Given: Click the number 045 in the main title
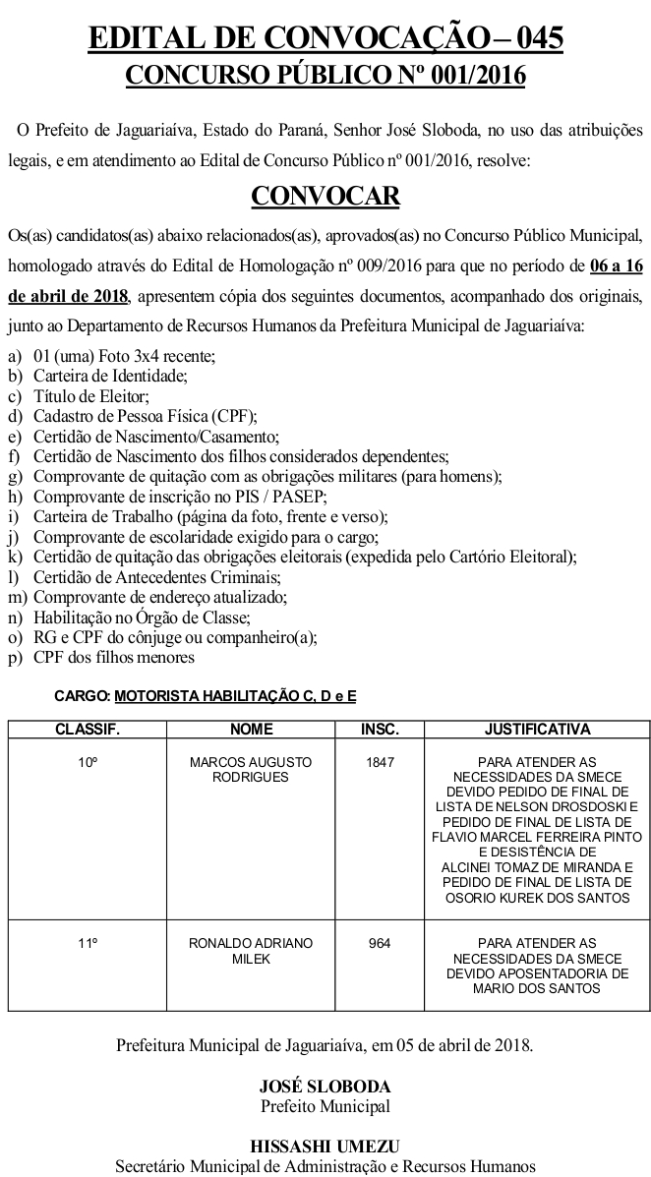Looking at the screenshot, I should click(535, 38).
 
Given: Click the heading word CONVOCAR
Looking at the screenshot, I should click(325, 197).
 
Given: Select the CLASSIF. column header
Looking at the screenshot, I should click(88, 730).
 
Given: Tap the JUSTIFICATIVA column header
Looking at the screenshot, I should click(538, 730).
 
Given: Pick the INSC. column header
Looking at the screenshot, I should click(380, 730).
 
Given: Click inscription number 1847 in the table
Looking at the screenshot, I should click(380, 762).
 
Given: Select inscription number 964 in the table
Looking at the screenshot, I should click(380, 943).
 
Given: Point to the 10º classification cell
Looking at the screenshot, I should click(88, 762).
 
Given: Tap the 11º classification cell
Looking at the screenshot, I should click(88, 943).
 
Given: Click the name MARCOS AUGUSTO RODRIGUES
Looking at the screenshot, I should click(251, 769).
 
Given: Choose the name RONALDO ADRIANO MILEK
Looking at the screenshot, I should click(251, 950).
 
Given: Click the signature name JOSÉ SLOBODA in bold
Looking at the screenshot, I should click(325, 1087).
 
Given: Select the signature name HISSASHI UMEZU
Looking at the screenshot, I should click(325, 1147).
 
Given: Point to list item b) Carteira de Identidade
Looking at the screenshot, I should click(109, 375).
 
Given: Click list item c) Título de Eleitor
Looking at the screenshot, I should click(90, 396).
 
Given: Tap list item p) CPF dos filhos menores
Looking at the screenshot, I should click(113, 657).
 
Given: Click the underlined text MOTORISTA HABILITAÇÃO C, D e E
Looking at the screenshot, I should click(235, 695).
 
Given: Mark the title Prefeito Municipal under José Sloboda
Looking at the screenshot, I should click(325, 1105).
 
